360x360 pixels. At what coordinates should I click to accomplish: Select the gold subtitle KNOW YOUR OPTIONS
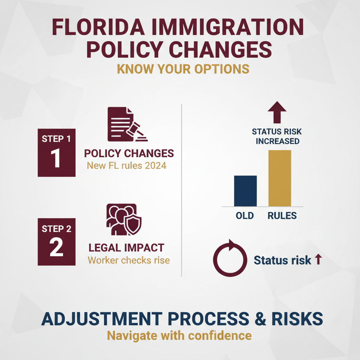(x=183, y=69)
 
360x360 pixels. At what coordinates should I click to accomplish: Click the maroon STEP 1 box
(x=56, y=153)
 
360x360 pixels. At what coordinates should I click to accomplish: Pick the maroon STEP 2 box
(x=56, y=242)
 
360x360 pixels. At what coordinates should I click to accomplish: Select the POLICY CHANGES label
(x=129, y=154)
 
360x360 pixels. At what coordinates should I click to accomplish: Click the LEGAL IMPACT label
(x=127, y=247)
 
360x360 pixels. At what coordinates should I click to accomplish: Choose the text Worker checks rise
(x=129, y=261)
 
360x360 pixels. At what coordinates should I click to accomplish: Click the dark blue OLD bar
(x=245, y=191)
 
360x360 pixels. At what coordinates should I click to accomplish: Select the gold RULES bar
(x=280, y=178)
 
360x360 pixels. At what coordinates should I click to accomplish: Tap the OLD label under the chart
(x=245, y=215)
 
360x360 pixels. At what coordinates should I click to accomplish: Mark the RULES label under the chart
(x=282, y=215)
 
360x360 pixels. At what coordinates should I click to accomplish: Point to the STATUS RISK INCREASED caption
(x=277, y=137)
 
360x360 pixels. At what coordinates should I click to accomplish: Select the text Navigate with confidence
(x=179, y=335)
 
